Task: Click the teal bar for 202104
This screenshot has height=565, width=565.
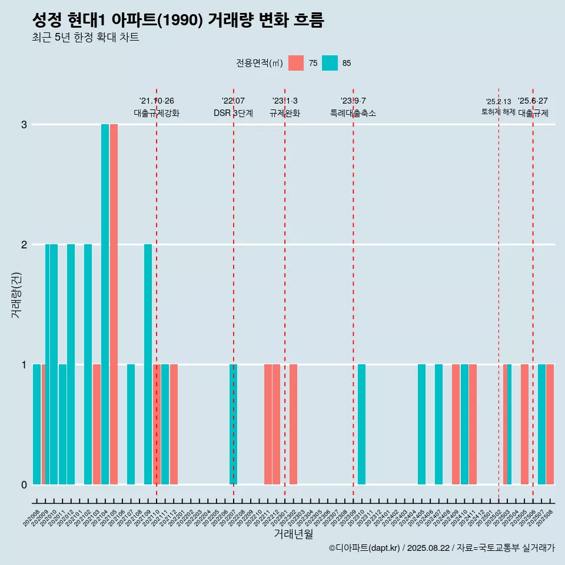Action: pyautogui.click(x=105, y=304)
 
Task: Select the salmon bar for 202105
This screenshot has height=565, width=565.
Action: pyautogui.click(x=114, y=304)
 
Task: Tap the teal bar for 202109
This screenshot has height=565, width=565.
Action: pyautogui.click(x=148, y=364)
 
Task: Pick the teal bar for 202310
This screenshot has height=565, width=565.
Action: pyautogui.click(x=361, y=424)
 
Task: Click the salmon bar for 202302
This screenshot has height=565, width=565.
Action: pyautogui.click(x=293, y=424)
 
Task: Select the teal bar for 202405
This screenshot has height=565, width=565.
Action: pyautogui.click(x=421, y=424)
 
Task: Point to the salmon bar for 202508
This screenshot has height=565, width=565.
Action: pyautogui.click(x=550, y=424)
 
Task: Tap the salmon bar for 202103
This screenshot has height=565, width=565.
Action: pyautogui.click(x=97, y=424)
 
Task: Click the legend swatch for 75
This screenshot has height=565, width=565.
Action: pyautogui.click(x=296, y=63)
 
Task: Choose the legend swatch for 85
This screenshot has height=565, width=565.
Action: pyautogui.click(x=330, y=63)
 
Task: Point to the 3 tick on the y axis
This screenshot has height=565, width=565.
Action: pyautogui.click(x=24, y=125)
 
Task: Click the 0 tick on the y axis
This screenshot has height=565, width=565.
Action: pyautogui.click(x=24, y=485)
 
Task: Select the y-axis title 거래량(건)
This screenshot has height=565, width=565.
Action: pyautogui.click(x=16, y=294)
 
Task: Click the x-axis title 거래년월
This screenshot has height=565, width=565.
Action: pyautogui.click(x=293, y=534)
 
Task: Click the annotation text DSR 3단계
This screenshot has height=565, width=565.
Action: pyautogui.click(x=233, y=113)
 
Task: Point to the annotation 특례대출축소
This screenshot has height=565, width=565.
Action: pyautogui.click(x=353, y=113)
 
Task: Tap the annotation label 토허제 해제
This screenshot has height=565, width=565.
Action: pyautogui.click(x=498, y=112)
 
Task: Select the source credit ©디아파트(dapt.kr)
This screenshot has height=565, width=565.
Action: pyautogui.click(x=364, y=548)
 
